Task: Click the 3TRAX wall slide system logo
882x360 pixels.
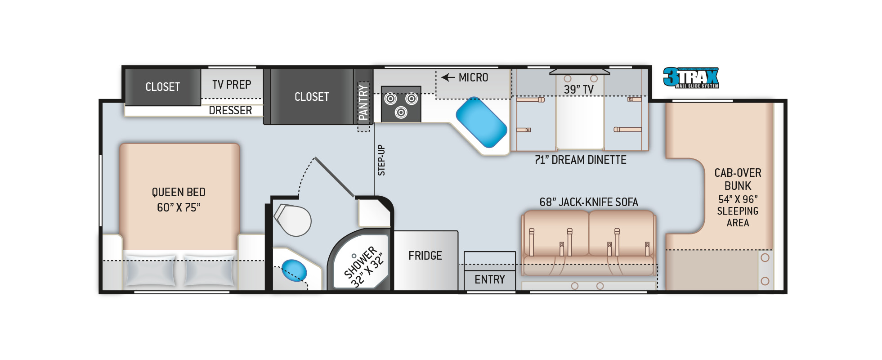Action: pos(691,77)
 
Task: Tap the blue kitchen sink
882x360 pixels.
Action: pos(481,122)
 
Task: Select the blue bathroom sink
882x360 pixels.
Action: pos(294,271)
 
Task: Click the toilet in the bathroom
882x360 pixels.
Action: pos(293,220)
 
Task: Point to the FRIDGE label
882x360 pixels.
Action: pos(425,256)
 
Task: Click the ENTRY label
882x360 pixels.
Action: pos(490,279)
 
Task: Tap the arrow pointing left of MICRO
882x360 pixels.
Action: pos(448,77)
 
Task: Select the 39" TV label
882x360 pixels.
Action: pos(578,90)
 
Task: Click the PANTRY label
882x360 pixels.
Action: pos(363,103)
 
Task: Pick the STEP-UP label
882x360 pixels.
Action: pos(381,160)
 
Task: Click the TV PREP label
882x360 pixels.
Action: pos(232,85)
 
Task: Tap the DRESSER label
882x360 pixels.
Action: pos(230,110)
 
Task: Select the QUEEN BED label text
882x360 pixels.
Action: pos(179,192)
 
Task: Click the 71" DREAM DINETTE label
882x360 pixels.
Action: pos(580,160)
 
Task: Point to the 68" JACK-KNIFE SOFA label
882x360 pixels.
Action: pos(589,202)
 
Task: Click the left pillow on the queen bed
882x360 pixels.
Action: pos(150,270)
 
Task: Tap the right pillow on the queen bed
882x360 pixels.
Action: pos(209,270)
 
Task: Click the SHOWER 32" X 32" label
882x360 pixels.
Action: pos(363,266)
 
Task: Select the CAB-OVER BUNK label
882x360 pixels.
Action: pos(738,179)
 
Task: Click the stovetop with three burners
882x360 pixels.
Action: pos(401,104)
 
